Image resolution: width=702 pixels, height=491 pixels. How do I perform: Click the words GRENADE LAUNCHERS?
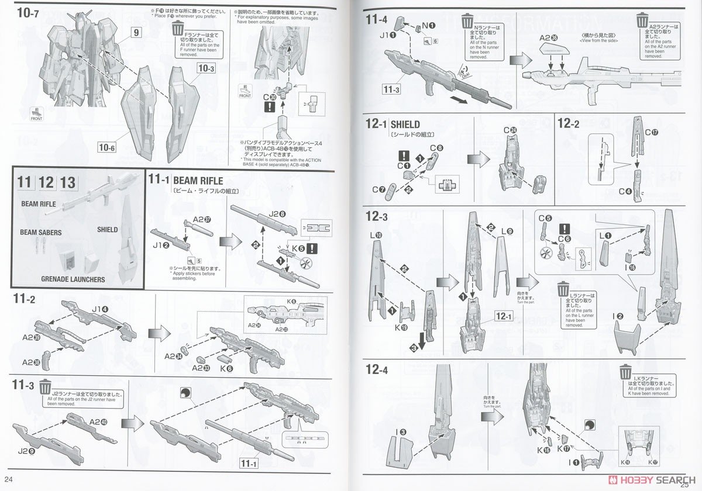pos(73,279)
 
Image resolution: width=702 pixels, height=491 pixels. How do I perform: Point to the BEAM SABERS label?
pos(41,232)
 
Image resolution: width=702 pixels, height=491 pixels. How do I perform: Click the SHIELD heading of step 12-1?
pos(405,125)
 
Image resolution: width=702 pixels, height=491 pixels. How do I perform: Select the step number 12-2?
pos(568,123)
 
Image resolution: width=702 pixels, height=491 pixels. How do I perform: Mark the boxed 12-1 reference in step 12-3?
pos(504,316)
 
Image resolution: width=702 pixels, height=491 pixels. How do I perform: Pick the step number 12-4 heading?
pos(377,370)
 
